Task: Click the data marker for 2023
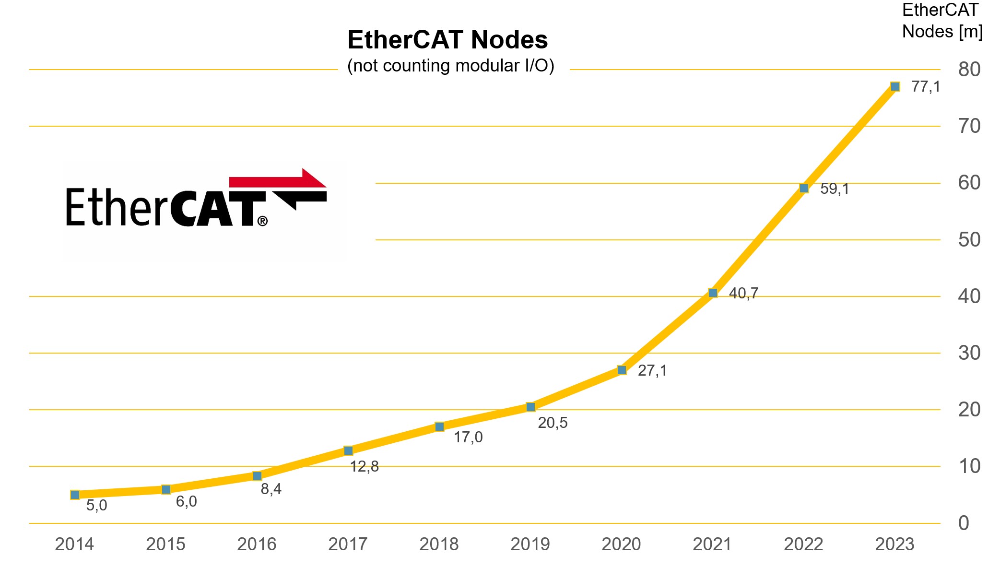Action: pos(895,86)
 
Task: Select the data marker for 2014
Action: pos(75,495)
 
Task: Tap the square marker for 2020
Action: pos(622,370)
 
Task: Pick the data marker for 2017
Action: pos(348,450)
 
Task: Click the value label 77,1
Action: pos(926,87)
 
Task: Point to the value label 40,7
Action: pos(743,293)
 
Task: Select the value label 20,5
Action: pos(553,423)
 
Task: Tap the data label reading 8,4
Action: pos(271,489)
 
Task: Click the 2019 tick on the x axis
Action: pos(530,544)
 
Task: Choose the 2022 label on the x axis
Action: pos(803,544)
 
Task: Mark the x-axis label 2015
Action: pos(165,544)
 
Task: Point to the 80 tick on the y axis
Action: pos(969,70)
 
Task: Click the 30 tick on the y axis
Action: pos(969,353)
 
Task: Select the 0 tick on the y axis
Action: pos(964,523)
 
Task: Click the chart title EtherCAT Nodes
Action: pos(447,40)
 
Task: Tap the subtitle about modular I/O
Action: pos(450,66)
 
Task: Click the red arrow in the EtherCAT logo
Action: pos(283,179)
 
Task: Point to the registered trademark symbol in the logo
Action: pos(262,221)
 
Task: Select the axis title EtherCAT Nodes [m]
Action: pos(942,21)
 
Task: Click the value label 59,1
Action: pos(835,189)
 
